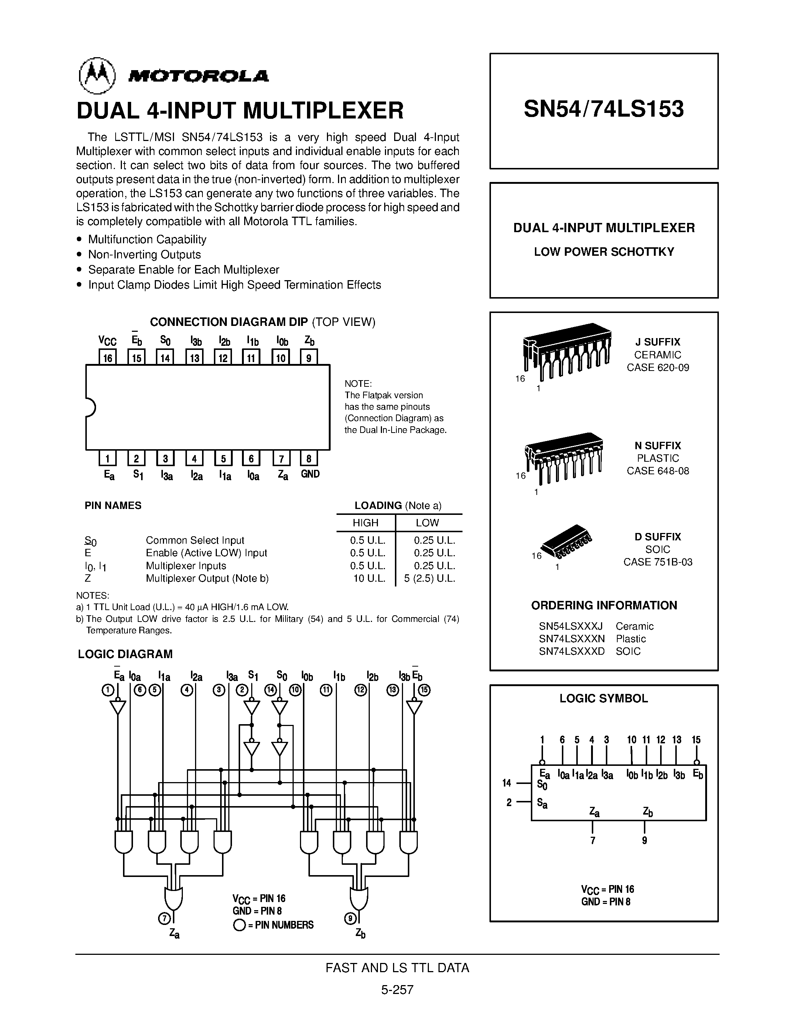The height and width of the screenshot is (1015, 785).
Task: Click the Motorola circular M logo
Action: pos(97,76)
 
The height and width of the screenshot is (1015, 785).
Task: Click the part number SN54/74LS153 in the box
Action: pos(604,109)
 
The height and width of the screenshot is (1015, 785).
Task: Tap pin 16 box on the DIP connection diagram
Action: pos(107,357)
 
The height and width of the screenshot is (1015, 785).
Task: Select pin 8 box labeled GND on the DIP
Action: pos(309,459)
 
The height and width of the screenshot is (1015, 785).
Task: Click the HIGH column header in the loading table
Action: pos(365,523)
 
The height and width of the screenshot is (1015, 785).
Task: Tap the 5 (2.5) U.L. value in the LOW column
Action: pos(429,579)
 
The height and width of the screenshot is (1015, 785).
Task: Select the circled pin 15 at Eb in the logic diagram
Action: pos(424,690)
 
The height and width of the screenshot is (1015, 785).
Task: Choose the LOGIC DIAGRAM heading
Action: pos(125,654)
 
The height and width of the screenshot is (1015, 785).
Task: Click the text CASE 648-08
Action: pos(658,471)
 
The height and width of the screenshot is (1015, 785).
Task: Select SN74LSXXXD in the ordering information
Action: pos(571,651)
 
